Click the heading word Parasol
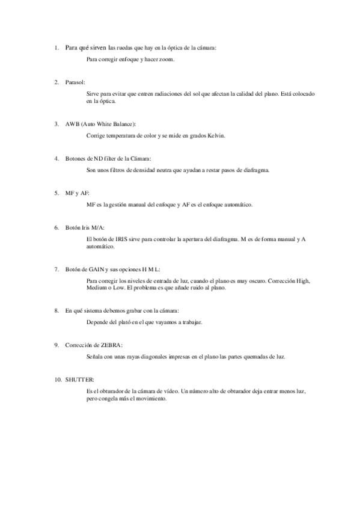click(x=75, y=81)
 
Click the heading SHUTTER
click(x=80, y=379)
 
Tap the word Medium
click(x=96, y=289)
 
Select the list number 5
click(x=56, y=193)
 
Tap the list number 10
click(x=57, y=379)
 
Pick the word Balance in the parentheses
click(x=122, y=124)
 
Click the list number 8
click(x=56, y=310)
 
